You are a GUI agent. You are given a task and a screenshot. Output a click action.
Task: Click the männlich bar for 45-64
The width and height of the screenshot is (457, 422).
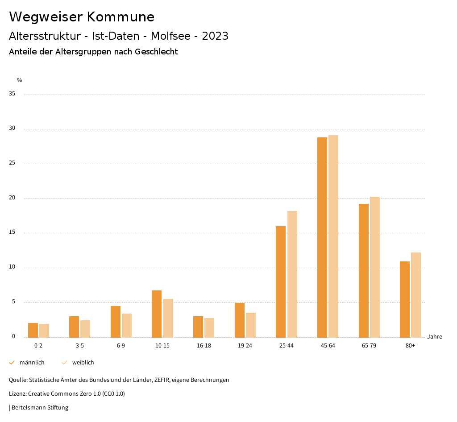(x=322, y=237)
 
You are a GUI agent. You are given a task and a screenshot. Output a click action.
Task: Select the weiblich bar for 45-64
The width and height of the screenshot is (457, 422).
(x=333, y=236)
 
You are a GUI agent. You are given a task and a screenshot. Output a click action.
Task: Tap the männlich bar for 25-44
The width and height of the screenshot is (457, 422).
(x=281, y=281)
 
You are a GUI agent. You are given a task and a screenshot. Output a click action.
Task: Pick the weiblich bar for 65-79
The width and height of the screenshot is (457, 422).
(x=375, y=267)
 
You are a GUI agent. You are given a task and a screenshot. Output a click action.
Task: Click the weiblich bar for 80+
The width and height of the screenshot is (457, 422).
(x=416, y=295)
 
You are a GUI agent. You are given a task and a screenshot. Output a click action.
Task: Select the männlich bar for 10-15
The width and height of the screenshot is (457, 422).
(x=157, y=314)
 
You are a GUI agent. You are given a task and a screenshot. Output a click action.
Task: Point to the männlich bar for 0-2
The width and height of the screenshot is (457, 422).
(x=33, y=330)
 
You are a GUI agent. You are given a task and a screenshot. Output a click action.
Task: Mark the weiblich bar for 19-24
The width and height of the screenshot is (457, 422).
(x=251, y=325)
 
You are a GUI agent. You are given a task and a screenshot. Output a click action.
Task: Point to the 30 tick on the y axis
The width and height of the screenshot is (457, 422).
(x=12, y=128)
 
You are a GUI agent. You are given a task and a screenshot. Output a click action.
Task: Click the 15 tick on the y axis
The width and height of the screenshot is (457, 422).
(x=12, y=232)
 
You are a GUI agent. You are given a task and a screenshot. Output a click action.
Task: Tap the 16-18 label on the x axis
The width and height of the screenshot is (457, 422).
(x=204, y=346)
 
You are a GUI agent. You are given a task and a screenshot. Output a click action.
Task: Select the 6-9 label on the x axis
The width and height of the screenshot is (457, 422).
(x=121, y=346)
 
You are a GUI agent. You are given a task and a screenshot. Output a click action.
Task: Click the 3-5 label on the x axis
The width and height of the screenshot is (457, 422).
(x=80, y=346)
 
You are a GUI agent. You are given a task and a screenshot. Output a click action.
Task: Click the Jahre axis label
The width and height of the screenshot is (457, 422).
(x=434, y=336)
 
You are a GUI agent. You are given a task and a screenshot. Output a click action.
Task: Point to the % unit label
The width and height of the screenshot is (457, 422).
(x=20, y=80)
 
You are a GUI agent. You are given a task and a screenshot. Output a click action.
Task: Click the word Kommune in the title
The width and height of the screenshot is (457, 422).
(x=120, y=17)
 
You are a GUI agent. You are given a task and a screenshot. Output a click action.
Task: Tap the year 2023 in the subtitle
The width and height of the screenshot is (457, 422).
(x=215, y=36)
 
